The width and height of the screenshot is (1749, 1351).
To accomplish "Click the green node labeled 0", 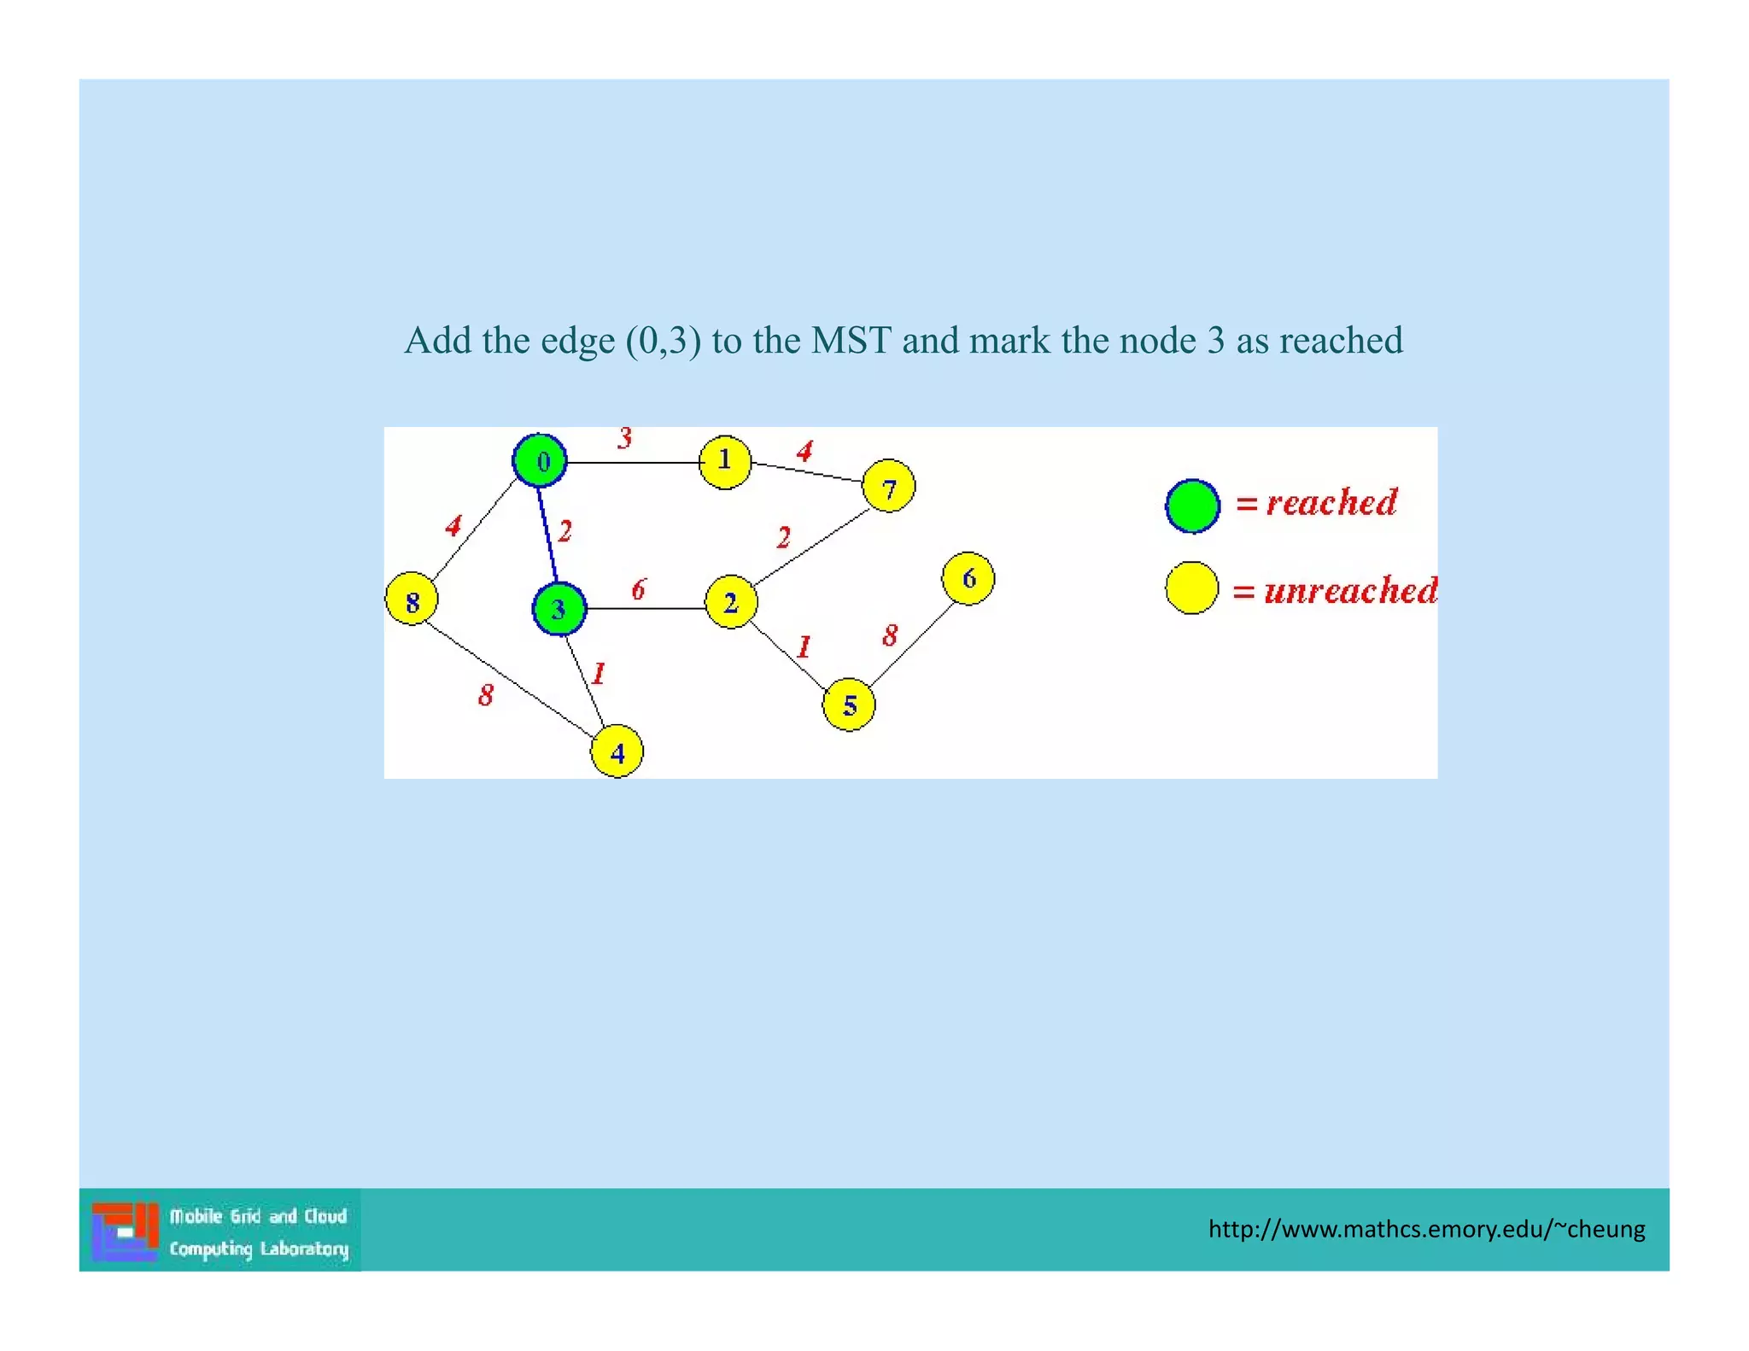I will (540, 461).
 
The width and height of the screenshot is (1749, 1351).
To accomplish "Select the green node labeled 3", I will (559, 609).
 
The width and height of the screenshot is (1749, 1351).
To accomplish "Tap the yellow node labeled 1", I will (725, 462).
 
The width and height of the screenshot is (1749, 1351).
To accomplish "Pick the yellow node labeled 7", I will (889, 487).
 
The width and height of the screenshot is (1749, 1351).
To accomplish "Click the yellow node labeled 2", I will (731, 603).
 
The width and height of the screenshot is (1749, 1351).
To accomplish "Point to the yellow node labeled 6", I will (968, 579).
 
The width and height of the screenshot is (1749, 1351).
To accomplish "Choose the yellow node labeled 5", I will (849, 705).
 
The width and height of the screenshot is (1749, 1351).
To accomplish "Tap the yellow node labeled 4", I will (617, 752).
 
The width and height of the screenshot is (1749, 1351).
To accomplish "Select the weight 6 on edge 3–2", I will (639, 589).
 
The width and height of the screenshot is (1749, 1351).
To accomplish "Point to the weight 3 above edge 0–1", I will (625, 439).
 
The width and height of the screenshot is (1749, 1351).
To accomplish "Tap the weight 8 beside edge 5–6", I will (891, 635).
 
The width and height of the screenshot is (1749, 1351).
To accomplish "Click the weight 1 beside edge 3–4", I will (599, 674).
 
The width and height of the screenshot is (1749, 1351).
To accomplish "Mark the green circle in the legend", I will (1192, 506).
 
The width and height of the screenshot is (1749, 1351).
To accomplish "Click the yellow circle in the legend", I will (1191, 588).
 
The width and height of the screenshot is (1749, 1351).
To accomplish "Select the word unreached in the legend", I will (1350, 591).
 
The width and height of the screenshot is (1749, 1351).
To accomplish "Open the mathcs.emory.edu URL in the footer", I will (1426, 1229).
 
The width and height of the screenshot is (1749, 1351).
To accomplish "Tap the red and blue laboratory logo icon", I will (126, 1231).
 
